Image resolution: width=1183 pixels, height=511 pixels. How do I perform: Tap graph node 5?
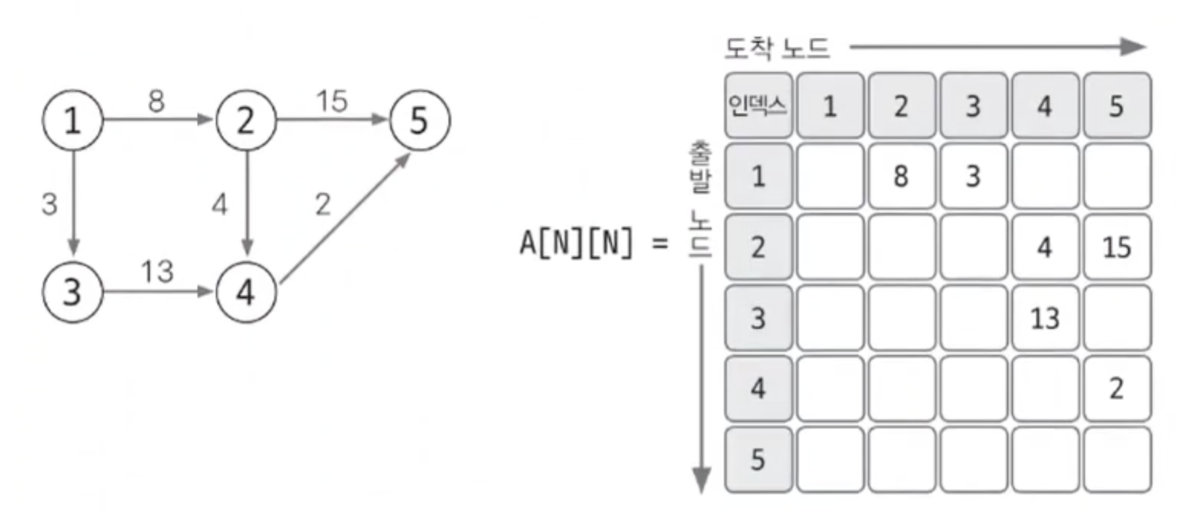click(x=419, y=121)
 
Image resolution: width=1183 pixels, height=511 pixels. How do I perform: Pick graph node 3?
click(x=72, y=293)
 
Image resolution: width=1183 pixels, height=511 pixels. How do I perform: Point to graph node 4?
click(x=246, y=293)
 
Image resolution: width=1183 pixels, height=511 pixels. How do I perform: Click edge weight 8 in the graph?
click(x=156, y=101)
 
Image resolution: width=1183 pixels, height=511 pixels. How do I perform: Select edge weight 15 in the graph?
click(x=331, y=101)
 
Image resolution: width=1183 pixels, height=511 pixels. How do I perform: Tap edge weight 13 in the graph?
click(x=156, y=272)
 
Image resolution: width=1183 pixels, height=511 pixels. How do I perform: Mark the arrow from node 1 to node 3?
click(x=73, y=203)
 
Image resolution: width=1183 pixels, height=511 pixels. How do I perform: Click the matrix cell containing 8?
click(x=900, y=176)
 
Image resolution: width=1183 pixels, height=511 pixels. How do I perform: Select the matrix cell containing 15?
click(x=1116, y=247)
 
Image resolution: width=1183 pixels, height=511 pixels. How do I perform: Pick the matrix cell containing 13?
click(x=1044, y=317)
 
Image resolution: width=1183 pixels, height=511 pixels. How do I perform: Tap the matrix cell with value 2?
click(x=1116, y=389)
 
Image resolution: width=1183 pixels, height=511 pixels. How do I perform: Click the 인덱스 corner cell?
click(x=758, y=106)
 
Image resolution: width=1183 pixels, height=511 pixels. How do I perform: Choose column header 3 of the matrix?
click(x=972, y=106)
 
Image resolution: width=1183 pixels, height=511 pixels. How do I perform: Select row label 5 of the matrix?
click(x=758, y=460)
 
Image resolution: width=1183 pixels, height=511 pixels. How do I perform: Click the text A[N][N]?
click(x=576, y=246)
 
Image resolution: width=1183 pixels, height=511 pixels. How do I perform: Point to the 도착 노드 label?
click(x=777, y=49)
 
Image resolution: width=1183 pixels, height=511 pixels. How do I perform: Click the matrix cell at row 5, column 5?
click(x=1116, y=460)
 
